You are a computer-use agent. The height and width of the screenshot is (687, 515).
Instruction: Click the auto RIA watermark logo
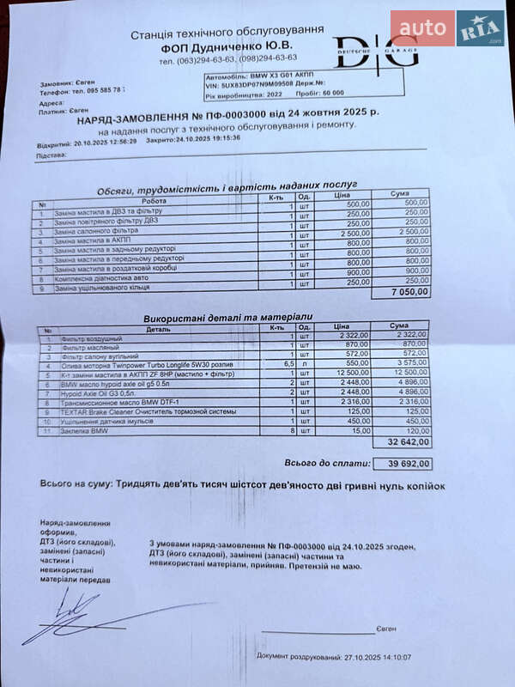(447, 28)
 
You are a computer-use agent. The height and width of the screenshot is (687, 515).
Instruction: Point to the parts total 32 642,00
(408, 442)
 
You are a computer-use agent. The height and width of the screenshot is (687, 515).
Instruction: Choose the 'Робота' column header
(154, 201)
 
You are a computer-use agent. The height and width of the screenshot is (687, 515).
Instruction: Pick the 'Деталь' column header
(158, 327)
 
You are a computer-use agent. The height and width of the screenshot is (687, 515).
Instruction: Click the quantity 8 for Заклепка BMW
(292, 430)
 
